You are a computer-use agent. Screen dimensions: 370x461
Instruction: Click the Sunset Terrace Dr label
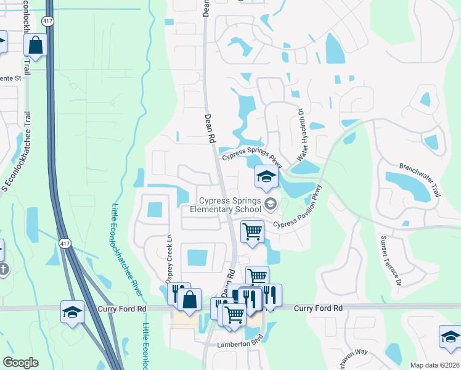pos(391,260)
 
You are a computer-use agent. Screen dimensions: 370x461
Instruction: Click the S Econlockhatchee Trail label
pos(17,148)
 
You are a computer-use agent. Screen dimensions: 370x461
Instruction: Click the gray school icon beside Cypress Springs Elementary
pos(270,203)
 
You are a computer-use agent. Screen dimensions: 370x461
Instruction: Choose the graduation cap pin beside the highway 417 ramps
pos(72,311)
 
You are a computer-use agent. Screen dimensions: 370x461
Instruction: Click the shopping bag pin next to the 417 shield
pos(36,44)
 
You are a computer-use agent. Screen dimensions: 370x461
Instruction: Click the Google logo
pos(20,363)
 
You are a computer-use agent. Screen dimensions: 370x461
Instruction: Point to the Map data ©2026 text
pos(434,365)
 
